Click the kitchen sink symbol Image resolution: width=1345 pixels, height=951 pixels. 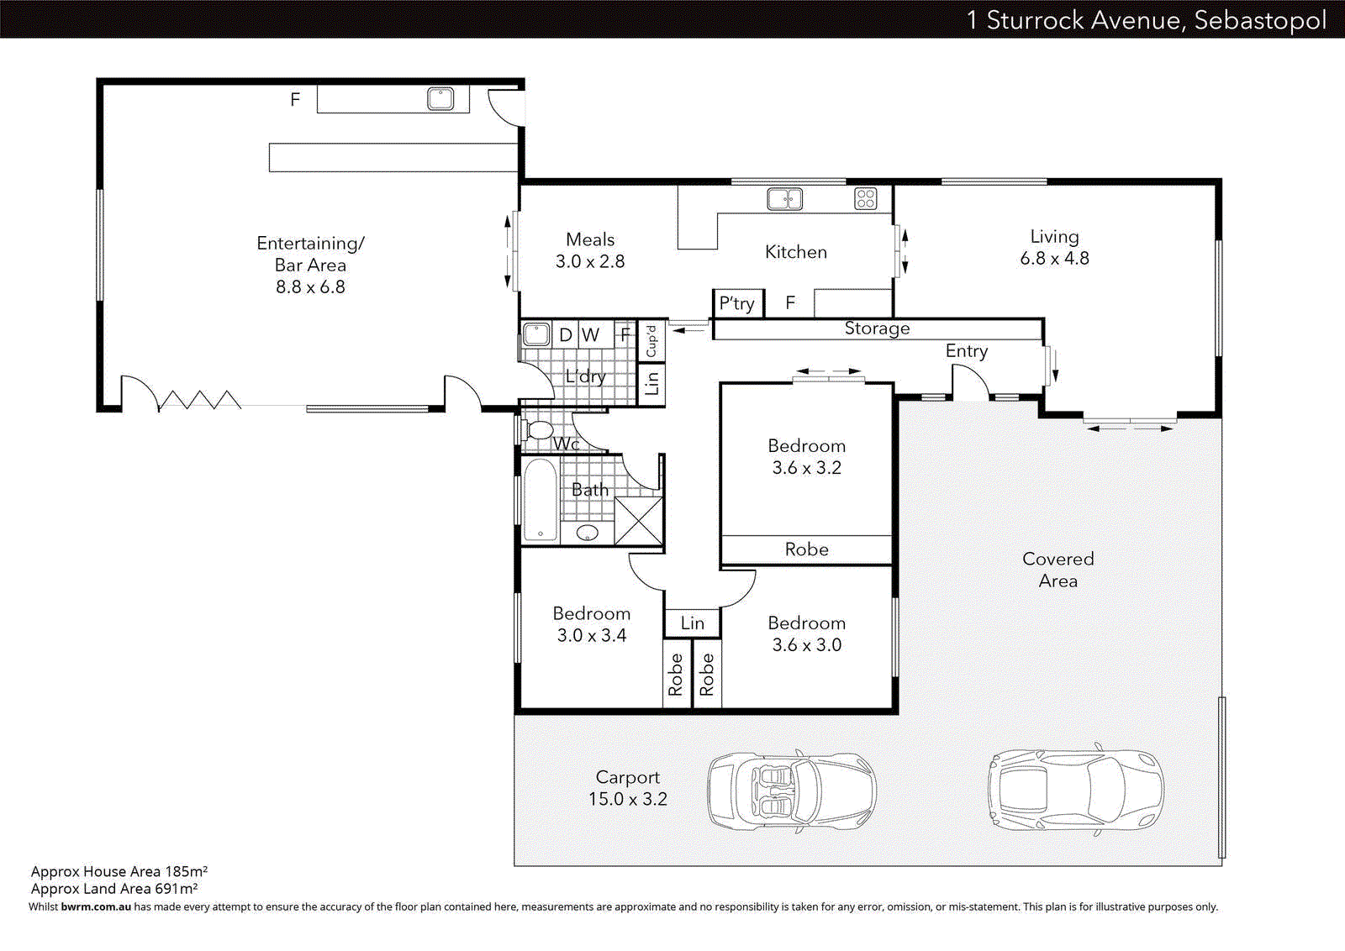point(784,199)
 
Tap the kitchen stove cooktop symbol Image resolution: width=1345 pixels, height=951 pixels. point(865,199)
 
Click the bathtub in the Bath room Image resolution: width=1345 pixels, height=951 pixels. point(540,500)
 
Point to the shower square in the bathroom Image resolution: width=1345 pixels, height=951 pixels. point(639,521)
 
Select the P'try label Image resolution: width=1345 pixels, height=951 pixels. point(736,303)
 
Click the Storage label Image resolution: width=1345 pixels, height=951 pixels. point(877,328)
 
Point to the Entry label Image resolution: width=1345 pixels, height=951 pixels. point(966,351)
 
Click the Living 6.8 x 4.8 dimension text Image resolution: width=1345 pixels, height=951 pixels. point(1054,259)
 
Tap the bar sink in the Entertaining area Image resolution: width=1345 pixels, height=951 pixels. point(440,99)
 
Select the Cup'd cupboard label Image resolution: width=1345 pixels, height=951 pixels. point(651,340)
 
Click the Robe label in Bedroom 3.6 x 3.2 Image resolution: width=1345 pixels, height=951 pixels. point(806,549)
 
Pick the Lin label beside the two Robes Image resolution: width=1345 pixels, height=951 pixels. point(692,623)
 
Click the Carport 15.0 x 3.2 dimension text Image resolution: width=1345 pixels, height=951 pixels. point(627,799)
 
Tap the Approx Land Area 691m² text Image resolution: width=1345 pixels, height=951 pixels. point(114,889)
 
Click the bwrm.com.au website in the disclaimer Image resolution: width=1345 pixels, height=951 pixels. point(96,907)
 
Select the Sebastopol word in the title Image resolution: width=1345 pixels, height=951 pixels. point(1259,20)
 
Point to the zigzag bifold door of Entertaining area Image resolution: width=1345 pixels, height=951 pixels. point(199,400)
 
